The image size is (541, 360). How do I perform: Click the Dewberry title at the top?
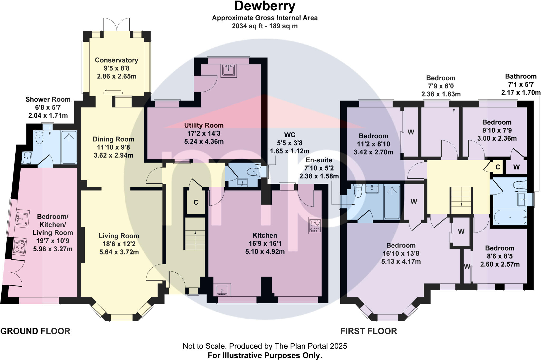(x=265, y=6)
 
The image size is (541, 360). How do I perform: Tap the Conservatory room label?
(x=116, y=60)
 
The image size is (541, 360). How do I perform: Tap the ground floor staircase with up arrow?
(x=195, y=233)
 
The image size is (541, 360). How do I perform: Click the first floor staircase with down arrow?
(x=461, y=200)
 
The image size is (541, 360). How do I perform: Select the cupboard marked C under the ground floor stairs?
(x=196, y=202)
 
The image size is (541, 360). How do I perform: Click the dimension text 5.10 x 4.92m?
(x=265, y=252)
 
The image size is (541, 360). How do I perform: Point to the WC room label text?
(x=290, y=135)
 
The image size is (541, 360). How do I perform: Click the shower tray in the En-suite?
(x=392, y=202)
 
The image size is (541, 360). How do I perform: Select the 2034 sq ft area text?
(x=265, y=26)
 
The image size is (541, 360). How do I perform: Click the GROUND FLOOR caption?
(x=35, y=331)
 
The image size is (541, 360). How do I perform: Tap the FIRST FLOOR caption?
(x=369, y=331)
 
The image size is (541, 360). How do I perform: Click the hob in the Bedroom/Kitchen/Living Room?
(x=19, y=247)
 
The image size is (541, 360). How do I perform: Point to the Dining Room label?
(x=113, y=139)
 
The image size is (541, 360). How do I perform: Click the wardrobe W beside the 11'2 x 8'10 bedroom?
(x=411, y=132)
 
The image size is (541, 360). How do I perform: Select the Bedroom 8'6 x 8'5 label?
(x=500, y=248)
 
